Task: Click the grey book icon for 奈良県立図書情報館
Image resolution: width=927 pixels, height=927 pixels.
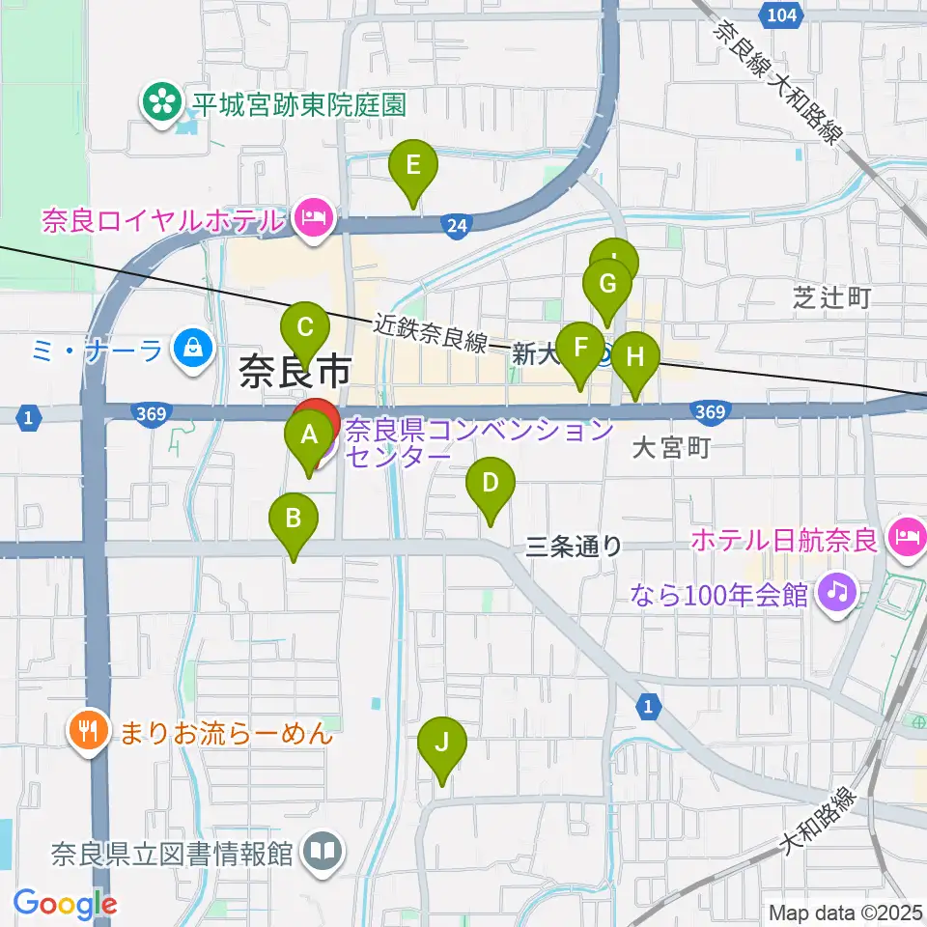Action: pyautogui.click(x=322, y=852)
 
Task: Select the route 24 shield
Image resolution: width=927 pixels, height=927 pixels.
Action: pyautogui.click(x=457, y=225)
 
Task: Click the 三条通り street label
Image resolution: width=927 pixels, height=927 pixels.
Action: pyautogui.click(x=575, y=547)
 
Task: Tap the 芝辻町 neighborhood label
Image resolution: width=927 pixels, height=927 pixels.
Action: pyautogui.click(x=832, y=297)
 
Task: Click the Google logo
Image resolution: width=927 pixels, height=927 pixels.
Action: pyautogui.click(x=65, y=904)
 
